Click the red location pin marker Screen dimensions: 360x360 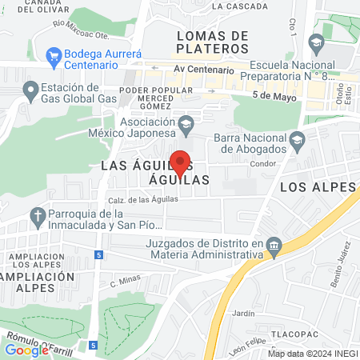pos(181,162)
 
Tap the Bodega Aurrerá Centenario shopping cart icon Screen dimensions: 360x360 pos(54,57)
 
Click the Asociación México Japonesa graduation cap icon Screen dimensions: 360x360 pos(186,123)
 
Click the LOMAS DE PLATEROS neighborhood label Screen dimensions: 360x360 pos(211,42)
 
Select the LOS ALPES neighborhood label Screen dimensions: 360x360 pos(317,186)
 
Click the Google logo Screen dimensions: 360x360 pos(26,350)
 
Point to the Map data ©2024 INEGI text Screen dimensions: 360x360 pos(311,354)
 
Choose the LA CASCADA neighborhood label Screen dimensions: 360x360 pos(240,6)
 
